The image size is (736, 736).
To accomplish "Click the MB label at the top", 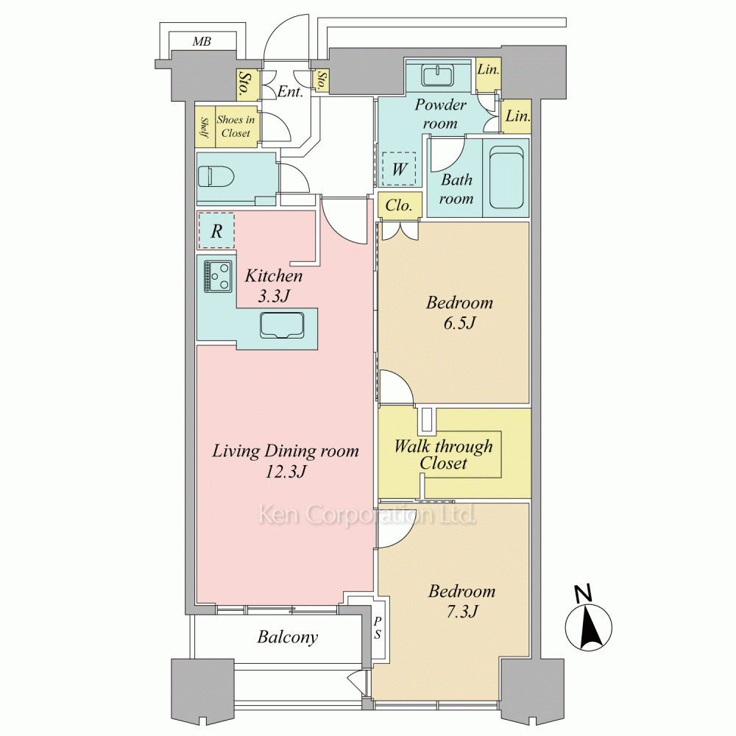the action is tap(202, 41).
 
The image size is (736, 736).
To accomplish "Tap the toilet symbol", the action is tap(216, 177).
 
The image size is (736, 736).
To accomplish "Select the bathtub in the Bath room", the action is tap(506, 177).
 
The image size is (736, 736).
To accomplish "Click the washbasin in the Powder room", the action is tap(437, 76).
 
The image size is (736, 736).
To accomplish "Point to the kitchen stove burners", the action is tap(219, 277).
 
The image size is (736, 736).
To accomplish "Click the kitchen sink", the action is tap(282, 325).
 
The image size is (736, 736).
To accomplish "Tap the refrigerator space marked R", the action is tap(216, 230).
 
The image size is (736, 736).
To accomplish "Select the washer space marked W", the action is tap(399, 169).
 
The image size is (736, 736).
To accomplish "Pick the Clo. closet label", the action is tap(398, 205).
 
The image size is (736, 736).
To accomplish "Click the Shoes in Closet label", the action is tap(236, 127).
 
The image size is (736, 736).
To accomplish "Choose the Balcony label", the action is tap(287, 637).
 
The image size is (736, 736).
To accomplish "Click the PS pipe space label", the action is tap(378, 628).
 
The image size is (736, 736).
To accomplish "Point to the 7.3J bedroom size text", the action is tap(462, 611).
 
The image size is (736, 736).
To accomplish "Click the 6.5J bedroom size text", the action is tap(459, 322).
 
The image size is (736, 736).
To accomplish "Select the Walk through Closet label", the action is tap(443, 454).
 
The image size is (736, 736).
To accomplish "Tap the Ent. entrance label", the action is tap(290, 91).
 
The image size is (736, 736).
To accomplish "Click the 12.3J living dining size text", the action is tap(286, 471).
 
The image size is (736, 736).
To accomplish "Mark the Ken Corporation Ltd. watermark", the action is tap(367, 514).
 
